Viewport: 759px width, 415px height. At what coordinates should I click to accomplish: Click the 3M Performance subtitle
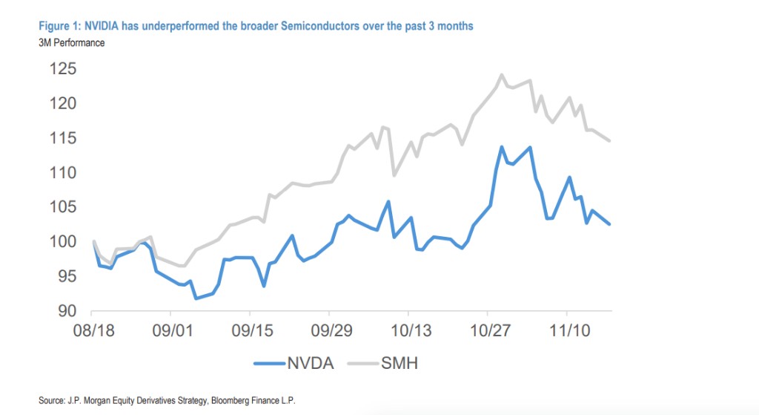71,42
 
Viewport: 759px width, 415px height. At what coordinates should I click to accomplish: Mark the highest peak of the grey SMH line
502,74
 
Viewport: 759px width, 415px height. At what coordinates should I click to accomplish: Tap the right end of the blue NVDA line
609,224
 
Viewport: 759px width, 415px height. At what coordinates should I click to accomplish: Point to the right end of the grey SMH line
609,140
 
